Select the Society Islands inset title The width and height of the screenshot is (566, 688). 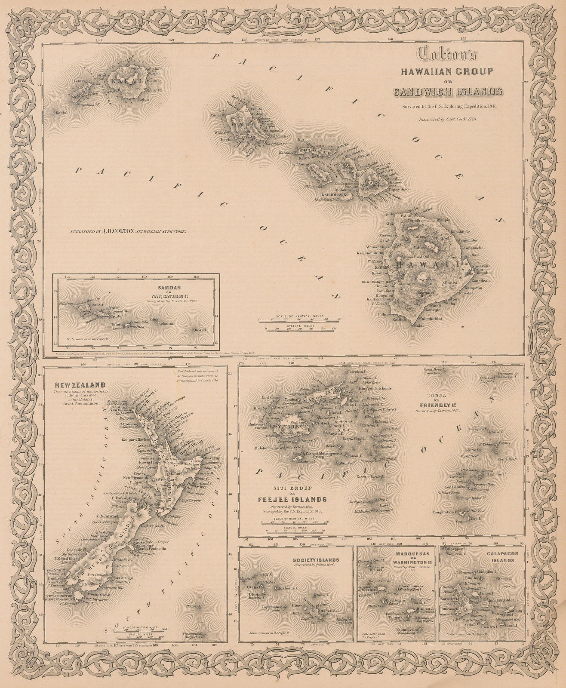322,559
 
